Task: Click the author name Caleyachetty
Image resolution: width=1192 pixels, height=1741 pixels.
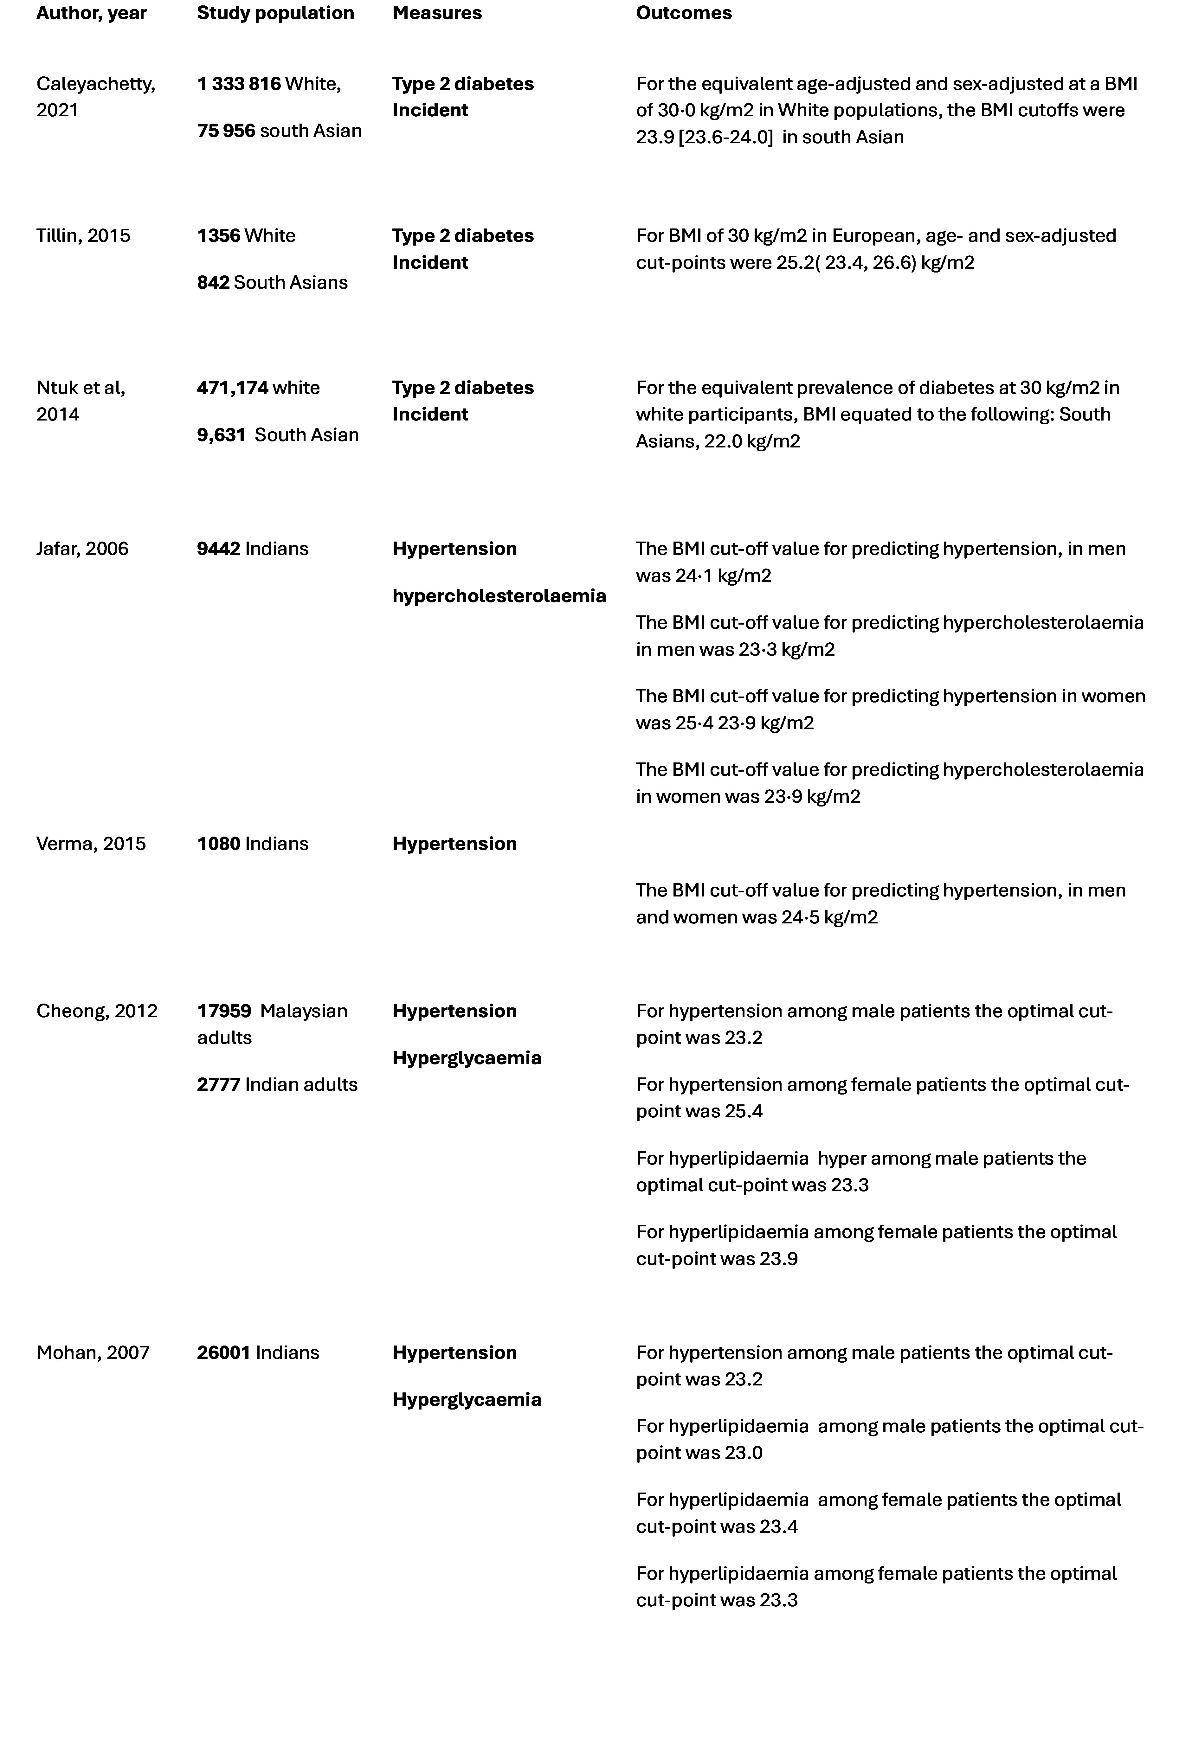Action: click(x=95, y=84)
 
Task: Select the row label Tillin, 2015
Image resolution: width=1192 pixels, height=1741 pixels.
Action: click(x=83, y=236)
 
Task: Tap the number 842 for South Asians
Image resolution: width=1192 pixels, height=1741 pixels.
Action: click(x=213, y=282)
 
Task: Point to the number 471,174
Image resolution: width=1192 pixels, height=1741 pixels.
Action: click(x=232, y=388)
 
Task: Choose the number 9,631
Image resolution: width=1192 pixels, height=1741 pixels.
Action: click(x=221, y=435)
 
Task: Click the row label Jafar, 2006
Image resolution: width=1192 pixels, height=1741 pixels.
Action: click(x=82, y=549)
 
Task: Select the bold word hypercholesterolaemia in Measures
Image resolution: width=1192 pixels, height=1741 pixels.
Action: click(x=499, y=596)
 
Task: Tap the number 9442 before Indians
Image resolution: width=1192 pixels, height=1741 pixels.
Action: click(x=218, y=549)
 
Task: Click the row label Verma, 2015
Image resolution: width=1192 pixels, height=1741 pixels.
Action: click(x=91, y=844)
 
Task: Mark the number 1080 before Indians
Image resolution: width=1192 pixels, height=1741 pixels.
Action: click(x=218, y=844)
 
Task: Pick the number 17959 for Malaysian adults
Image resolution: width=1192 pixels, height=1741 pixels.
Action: click(x=224, y=1011)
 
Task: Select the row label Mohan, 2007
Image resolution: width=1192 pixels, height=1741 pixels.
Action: click(x=93, y=1353)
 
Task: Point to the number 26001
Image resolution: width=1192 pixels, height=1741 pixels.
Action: click(x=223, y=1353)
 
